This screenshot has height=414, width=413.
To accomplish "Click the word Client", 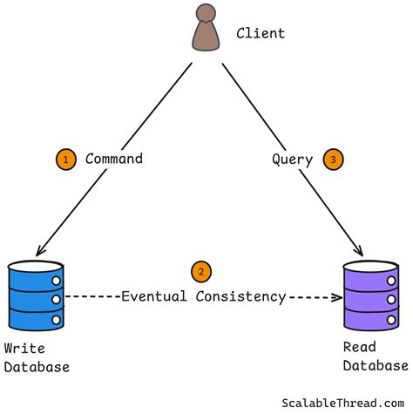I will click(261, 34).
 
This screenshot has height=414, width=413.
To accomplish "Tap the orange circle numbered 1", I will click(64, 159).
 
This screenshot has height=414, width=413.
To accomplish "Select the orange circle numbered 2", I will click(201, 271).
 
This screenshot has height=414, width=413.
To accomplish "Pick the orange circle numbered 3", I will click(332, 159).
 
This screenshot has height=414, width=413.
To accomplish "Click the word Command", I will click(113, 159).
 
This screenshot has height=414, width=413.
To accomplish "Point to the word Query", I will click(292, 159).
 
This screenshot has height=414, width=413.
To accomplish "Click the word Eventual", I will click(154, 296).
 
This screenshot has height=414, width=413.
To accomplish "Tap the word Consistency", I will click(240, 296).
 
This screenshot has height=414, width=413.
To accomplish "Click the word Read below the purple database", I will click(359, 347).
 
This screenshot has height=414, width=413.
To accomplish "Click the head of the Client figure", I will click(205, 14).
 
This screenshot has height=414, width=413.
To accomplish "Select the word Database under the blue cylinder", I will click(37, 367).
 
